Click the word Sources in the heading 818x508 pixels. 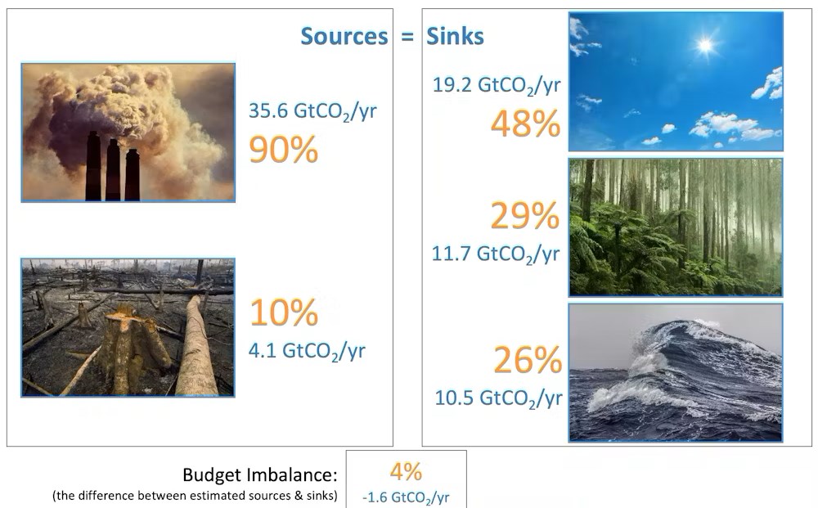344,36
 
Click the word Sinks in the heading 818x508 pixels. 456,36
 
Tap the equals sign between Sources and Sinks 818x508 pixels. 407,37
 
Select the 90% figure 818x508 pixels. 283,149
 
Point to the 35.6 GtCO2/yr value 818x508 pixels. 312,111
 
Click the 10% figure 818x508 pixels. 284,312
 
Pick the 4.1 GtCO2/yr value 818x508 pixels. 307,351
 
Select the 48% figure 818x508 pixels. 525,124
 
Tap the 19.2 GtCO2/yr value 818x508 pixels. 497,85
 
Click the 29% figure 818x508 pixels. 525,215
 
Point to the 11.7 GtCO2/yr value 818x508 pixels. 496,254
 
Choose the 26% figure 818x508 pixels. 528,360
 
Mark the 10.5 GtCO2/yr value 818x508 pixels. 499,398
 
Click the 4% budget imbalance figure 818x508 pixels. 406,471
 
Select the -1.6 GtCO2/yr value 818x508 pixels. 406,497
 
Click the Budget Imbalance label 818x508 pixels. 260,474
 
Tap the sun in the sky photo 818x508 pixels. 705,45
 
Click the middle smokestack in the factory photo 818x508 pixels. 113,170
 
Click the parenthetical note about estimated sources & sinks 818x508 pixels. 195,496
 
